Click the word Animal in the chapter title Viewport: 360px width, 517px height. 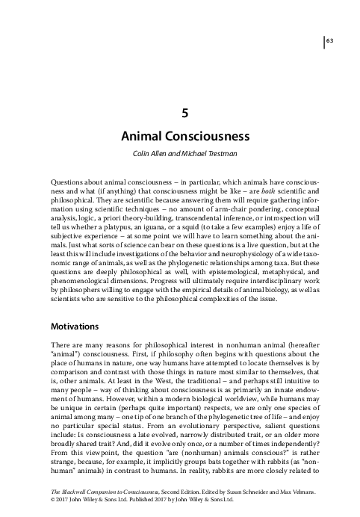(146, 139)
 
